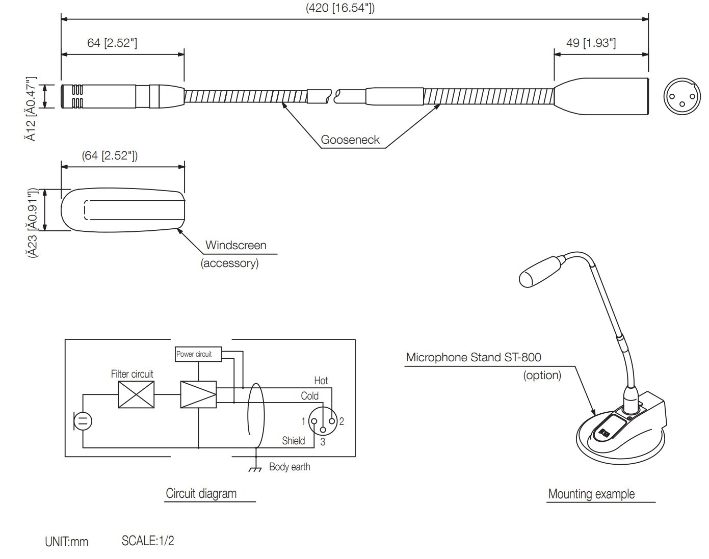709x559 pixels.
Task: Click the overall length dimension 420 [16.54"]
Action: [x=340, y=8]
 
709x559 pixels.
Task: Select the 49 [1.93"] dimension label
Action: [x=591, y=43]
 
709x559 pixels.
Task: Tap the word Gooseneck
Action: [x=350, y=140]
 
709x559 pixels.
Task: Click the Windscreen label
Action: [x=235, y=245]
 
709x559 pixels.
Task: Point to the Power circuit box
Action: [x=198, y=354]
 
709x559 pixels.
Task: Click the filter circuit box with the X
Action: [x=136, y=395]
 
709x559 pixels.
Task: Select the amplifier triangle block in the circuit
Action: [x=198, y=395]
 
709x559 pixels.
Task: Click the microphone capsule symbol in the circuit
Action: [x=83, y=421]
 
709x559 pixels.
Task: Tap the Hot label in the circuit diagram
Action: [x=321, y=381]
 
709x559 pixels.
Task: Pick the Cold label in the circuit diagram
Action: [x=309, y=396]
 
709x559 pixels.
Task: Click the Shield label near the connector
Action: [x=294, y=441]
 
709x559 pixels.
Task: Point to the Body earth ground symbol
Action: [x=255, y=468]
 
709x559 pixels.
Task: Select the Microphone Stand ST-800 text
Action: [x=474, y=357]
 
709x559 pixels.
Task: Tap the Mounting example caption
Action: [x=591, y=494]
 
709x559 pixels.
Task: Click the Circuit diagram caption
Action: [x=201, y=493]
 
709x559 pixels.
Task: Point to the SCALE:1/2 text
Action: [x=148, y=541]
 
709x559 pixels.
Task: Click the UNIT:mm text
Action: [x=67, y=542]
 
